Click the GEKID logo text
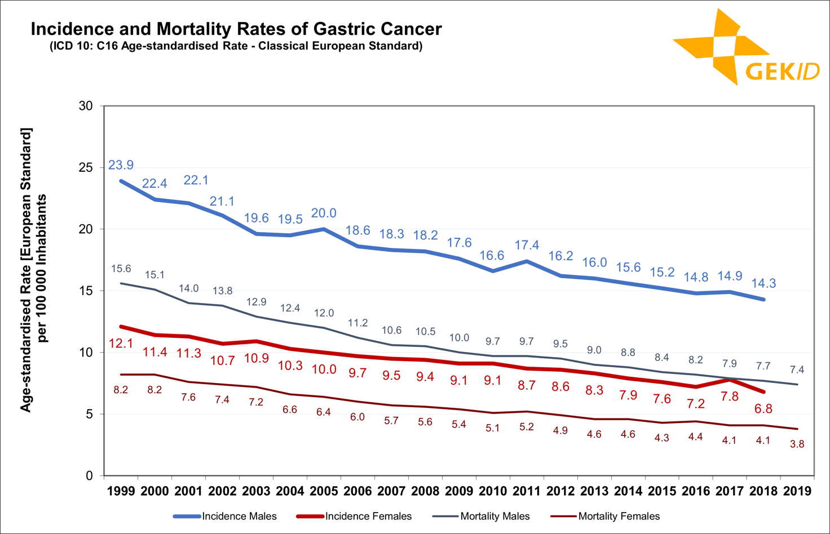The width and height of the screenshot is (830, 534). (x=782, y=72)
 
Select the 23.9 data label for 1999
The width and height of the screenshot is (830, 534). (x=121, y=165)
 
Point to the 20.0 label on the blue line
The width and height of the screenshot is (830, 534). (x=324, y=213)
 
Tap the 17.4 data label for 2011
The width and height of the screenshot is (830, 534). (x=527, y=245)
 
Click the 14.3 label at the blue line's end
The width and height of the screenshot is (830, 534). (x=763, y=283)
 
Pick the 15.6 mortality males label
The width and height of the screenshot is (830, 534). (x=121, y=269)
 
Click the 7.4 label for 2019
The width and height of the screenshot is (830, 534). (x=797, y=370)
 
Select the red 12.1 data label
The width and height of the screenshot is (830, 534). (x=121, y=343)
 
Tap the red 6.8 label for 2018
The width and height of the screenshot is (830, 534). (x=763, y=408)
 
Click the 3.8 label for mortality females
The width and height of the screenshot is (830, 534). (x=797, y=444)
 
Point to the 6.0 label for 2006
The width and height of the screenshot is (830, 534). (x=357, y=417)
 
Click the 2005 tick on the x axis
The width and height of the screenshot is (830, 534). (x=324, y=491)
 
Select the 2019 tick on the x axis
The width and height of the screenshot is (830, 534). (x=797, y=491)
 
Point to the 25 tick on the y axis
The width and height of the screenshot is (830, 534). (x=86, y=167)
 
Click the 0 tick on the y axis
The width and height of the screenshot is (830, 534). (x=89, y=476)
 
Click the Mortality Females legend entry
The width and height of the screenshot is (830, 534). (x=619, y=516)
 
